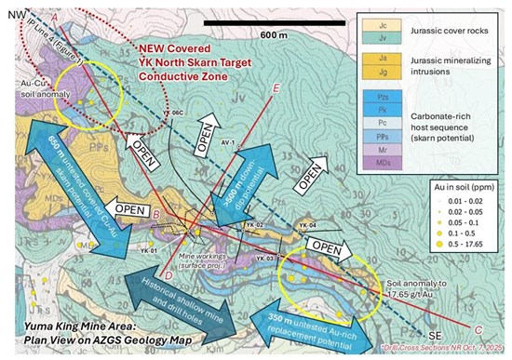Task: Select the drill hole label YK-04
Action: (x=307, y=225)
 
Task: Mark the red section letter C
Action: (x=478, y=327)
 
